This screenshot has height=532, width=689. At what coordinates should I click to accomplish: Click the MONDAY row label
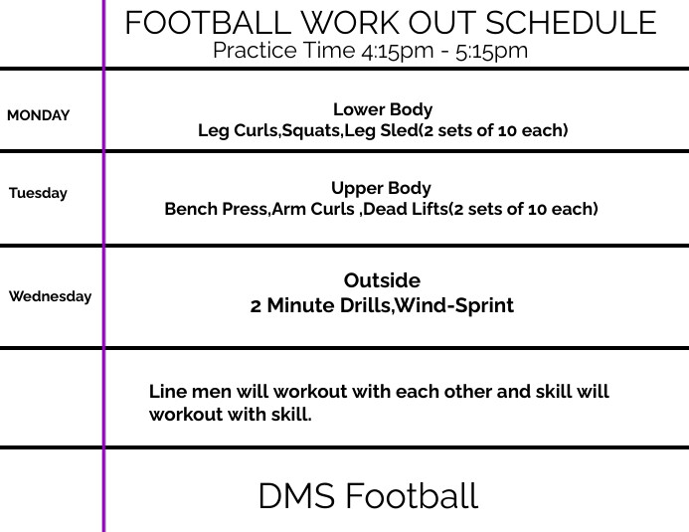[39, 115]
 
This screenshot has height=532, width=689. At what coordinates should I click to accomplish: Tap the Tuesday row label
[39, 193]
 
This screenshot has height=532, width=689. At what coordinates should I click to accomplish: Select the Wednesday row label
[50, 296]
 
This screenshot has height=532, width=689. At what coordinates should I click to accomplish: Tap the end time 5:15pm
[490, 51]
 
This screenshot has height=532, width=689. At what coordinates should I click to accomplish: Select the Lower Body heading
[383, 109]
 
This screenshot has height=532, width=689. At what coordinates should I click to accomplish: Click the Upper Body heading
[381, 188]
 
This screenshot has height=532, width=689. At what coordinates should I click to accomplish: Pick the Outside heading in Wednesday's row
[382, 280]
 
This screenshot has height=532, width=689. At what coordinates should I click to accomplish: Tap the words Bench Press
[217, 209]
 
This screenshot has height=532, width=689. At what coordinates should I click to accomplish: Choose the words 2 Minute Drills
[319, 305]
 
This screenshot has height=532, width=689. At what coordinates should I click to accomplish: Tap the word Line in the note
[167, 392]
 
